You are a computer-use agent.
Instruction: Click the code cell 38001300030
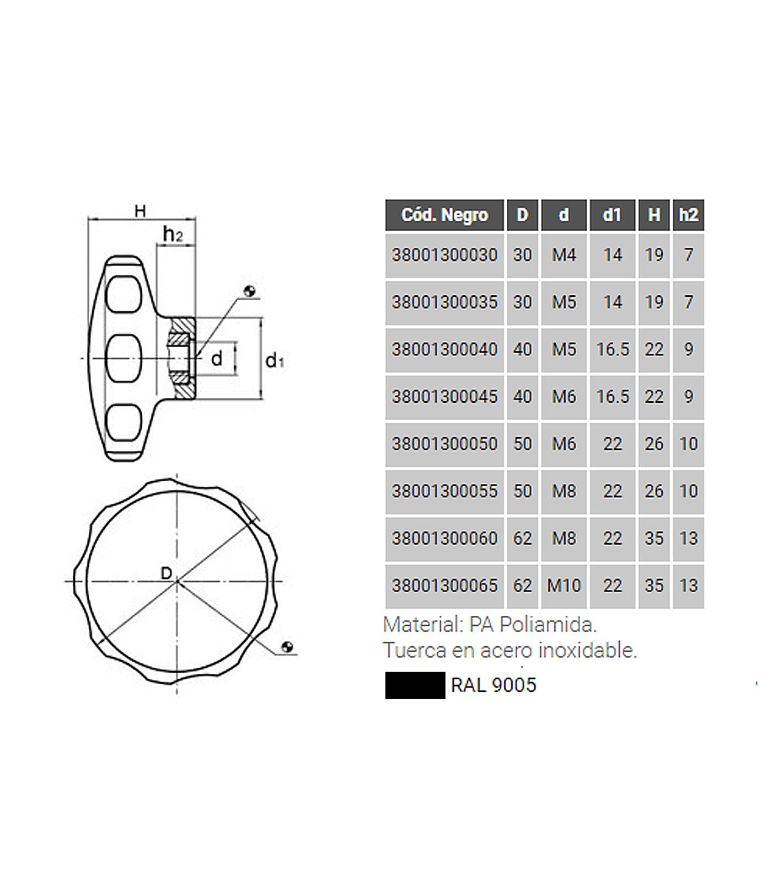[444, 255]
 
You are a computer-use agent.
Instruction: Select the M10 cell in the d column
[564, 586]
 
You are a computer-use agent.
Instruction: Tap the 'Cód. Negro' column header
[444, 215]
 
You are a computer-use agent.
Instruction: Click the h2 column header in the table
[688, 215]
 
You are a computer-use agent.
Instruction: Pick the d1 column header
[612, 215]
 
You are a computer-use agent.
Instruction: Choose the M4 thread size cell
[564, 255]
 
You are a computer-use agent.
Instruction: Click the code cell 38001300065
[444, 586]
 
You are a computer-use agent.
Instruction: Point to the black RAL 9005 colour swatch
[415, 685]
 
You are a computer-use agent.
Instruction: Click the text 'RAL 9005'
[494, 685]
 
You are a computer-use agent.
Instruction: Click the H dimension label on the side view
[141, 211]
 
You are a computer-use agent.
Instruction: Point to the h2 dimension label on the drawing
[173, 235]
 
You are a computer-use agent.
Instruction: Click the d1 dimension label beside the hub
[274, 361]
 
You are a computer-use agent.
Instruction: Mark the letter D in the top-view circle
[166, 573]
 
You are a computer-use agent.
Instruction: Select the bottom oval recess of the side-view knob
[124, 424]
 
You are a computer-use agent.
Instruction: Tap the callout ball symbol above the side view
[250, 291]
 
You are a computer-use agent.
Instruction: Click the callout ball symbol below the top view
[287, 647]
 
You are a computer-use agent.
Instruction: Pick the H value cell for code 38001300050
[653, 444]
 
